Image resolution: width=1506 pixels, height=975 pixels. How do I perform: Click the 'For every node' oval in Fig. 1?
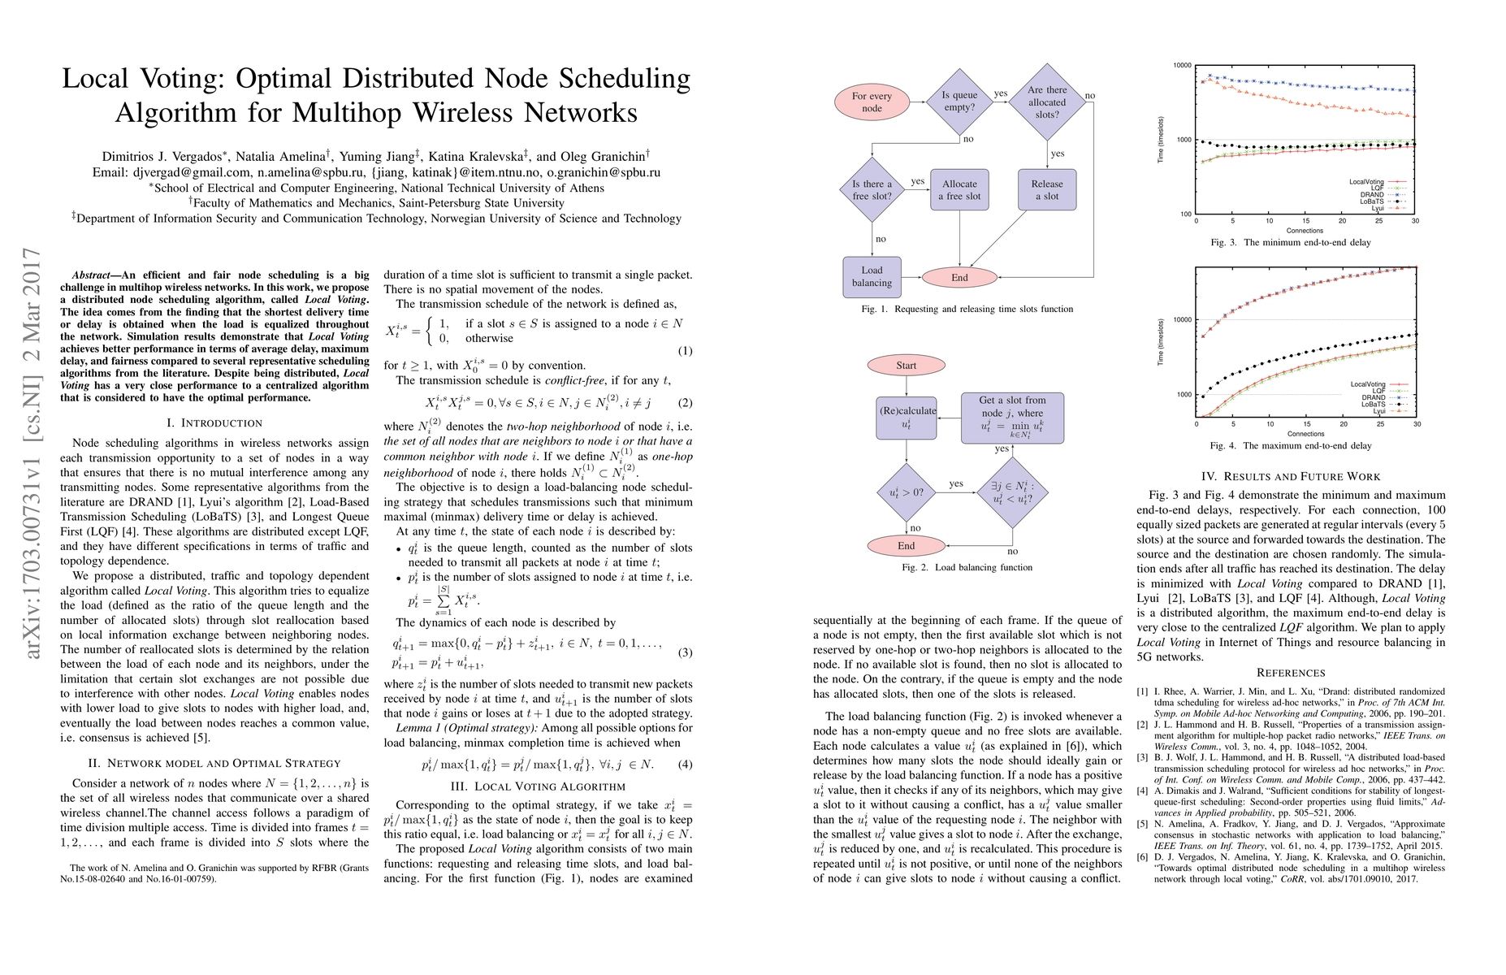point(872,102)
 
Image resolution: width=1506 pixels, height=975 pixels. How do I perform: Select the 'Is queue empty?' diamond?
point(959,101)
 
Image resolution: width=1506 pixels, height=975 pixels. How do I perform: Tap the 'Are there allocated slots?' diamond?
point(1047,102)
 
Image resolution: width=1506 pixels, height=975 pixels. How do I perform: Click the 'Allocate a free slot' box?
point(959,190)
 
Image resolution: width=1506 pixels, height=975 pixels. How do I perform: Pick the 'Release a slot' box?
point(1047,190)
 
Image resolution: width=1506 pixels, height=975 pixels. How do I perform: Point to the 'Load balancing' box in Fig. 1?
point(872,276)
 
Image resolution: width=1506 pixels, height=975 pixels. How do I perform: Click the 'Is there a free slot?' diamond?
point(872,190)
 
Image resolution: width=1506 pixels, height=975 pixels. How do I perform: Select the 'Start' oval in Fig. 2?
point(906,366)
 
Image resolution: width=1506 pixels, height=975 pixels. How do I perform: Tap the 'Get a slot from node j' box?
point(1012,418)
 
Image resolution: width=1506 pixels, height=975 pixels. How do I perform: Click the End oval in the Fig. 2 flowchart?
point(906,546)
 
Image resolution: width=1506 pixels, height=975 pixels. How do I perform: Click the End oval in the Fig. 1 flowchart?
point(959,278)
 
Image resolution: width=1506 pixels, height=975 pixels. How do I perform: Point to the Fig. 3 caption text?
point(1291,242)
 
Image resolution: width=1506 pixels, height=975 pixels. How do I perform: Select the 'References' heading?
point(1291,672)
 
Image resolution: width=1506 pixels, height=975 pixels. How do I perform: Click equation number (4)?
point(685,764)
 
